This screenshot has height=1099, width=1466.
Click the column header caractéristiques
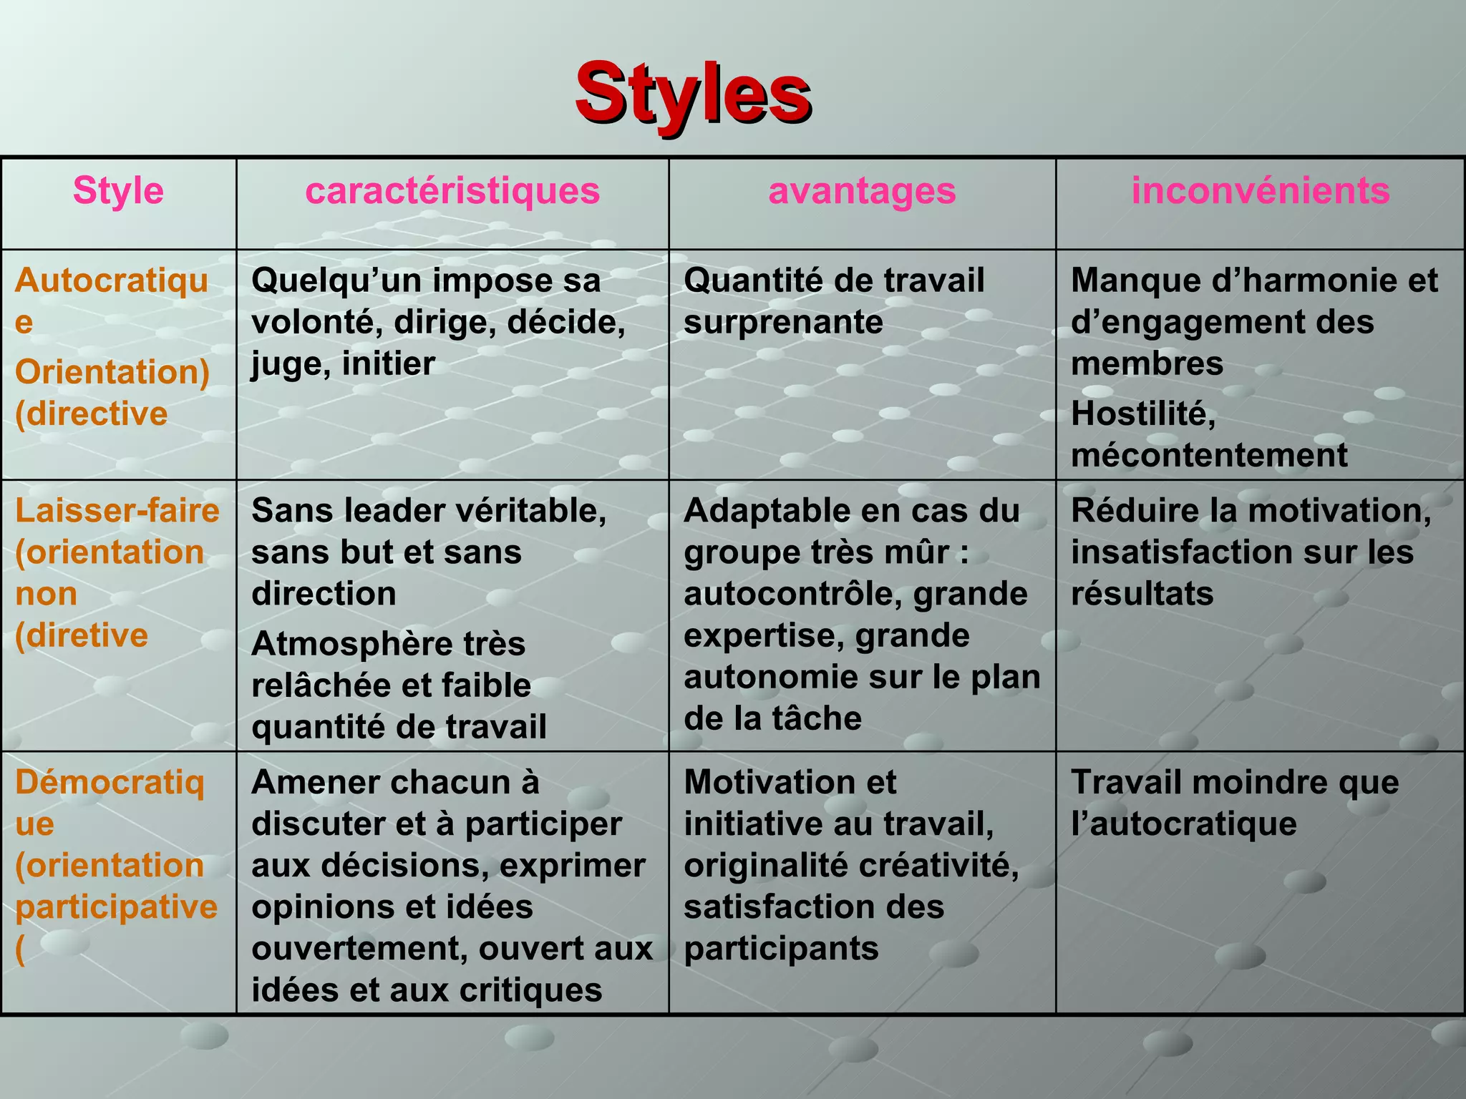tap(452, 191)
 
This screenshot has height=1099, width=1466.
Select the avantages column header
tap(862, 191)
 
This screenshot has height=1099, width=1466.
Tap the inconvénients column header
tap(1260, 191)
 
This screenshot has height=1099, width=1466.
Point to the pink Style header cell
tap(118, 191)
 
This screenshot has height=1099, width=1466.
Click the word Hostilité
tap(1142, 414)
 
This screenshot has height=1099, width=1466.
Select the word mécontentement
tap(1209, 456)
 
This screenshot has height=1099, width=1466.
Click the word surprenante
tap(783, 323)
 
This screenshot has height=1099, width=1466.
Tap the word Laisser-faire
tap(117, 511)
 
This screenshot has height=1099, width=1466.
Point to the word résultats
tap(1142, 595)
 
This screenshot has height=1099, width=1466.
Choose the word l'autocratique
tap(1183, 824)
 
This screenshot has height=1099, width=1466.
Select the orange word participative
tap(116, 907)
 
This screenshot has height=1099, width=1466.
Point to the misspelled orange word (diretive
tap(82, 636)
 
